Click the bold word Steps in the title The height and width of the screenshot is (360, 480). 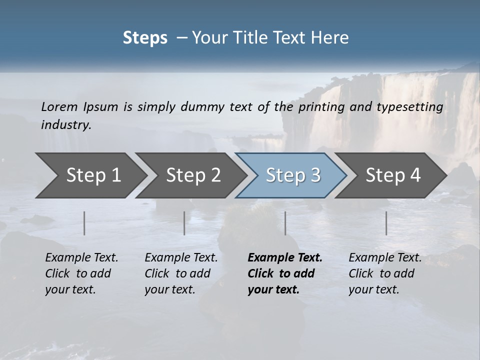[145, 38]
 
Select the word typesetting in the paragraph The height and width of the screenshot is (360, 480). [414, 107]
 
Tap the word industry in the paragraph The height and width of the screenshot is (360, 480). [66, 125]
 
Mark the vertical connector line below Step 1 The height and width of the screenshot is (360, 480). [84, 223]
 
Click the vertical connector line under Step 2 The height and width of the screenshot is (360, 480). [184, 223]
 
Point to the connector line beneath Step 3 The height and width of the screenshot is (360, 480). [285, 223]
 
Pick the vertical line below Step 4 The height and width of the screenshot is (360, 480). [386, 223]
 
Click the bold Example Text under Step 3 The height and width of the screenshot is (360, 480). [285, 273]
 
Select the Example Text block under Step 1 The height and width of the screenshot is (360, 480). [81, 273]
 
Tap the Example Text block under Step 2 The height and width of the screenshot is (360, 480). [181, 273]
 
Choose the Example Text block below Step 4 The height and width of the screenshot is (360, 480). [385, 273]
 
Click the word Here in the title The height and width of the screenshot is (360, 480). [332, 38]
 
